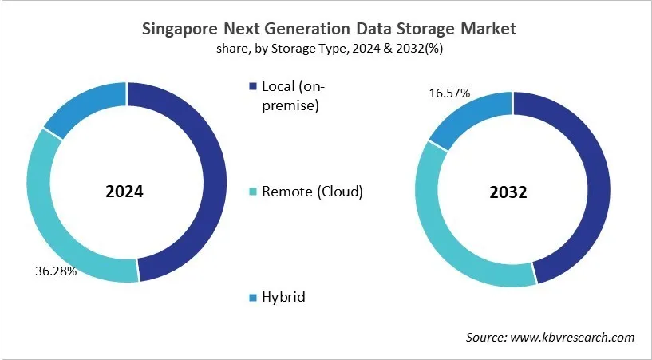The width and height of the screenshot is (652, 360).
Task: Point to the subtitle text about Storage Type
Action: point(326,49)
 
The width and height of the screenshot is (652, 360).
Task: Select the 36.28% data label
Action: point(55,271)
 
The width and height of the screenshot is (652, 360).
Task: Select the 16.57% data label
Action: point(448,93)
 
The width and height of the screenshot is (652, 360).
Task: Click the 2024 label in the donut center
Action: point(126,192)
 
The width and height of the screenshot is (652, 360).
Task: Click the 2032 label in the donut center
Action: point(512,192)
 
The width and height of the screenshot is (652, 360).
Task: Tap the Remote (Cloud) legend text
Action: point(312,192)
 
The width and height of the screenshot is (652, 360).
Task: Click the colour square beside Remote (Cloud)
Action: point(254,192)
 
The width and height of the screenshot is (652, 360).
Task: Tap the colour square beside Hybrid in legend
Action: point(254,298)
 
